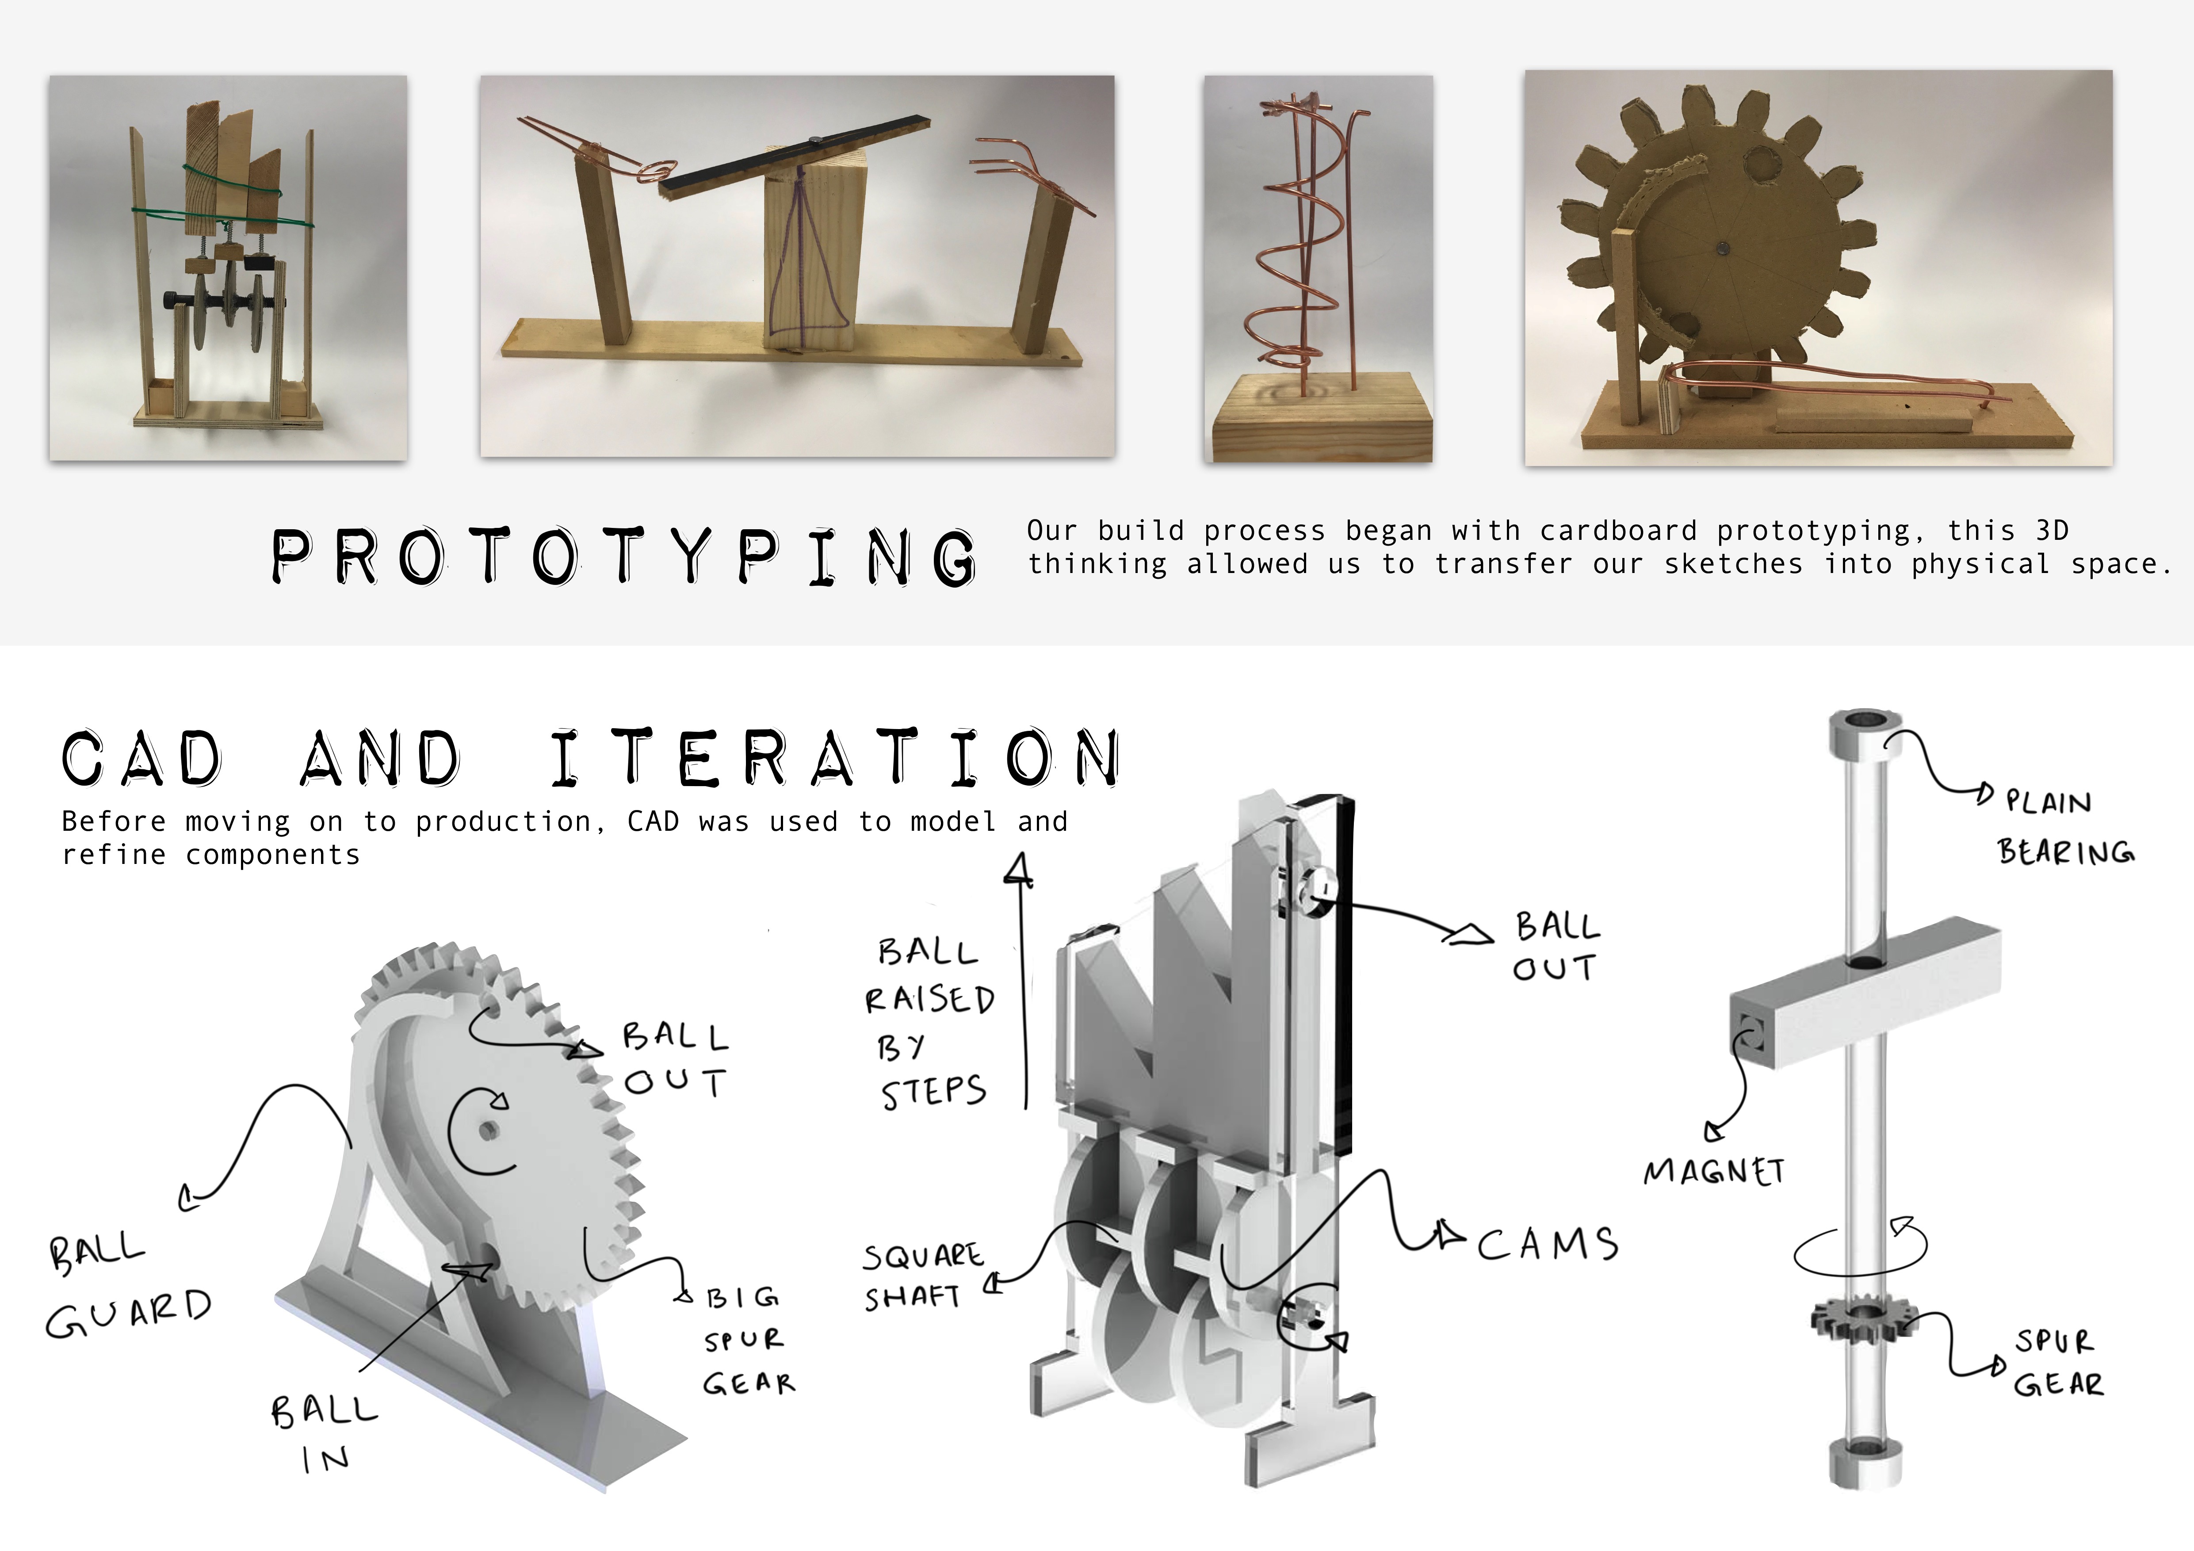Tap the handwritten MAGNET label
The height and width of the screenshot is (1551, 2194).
[x=1713, y=1172]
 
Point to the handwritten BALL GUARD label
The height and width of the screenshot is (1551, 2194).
[x=129, y=1287]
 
